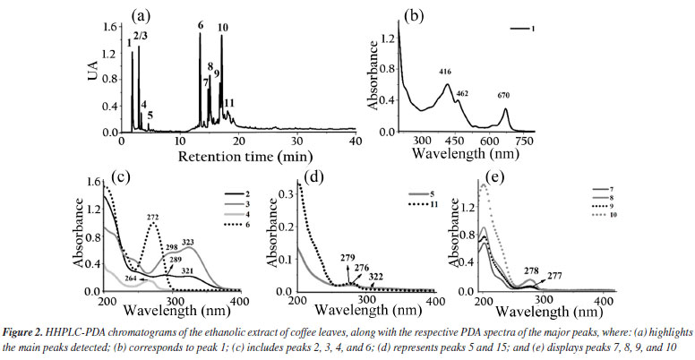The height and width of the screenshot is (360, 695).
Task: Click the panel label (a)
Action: tap(142, 15)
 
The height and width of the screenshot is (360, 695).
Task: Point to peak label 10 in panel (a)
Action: tap(222, 27)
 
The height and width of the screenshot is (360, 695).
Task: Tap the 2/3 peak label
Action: tap(141, 36)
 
